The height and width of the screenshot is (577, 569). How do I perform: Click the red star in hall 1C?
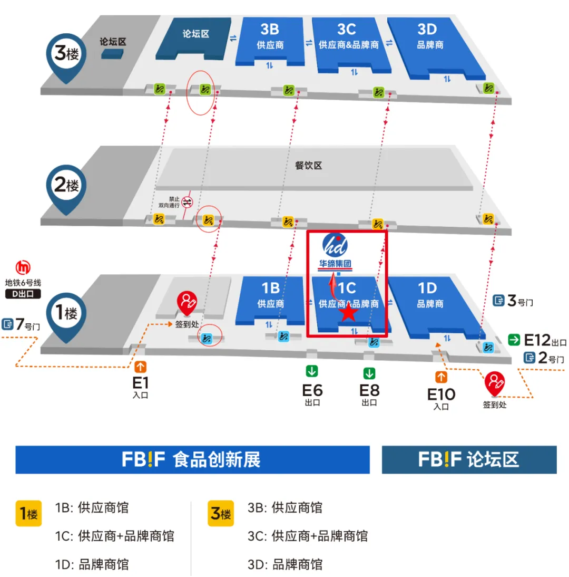click(x=348, y=312)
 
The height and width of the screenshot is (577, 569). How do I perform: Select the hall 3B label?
click(x=271, y=35)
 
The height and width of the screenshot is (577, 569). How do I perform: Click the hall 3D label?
click(x=430, y=35)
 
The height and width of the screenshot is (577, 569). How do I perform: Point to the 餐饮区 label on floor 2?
click(x=308, y=166)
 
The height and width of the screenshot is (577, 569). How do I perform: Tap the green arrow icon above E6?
click(x=312, y=371)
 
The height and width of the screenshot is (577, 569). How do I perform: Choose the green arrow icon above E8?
click(x=369, y=374)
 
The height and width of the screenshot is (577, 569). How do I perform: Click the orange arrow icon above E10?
click(x=441, y=377)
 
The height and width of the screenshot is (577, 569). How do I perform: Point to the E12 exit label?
click(x=537, y=340)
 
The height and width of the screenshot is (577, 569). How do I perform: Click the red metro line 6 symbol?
click(x=23, y=267)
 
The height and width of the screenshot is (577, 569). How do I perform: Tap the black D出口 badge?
click(x=23, y=294)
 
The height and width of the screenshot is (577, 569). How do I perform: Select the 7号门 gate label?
click(x=21, y=324)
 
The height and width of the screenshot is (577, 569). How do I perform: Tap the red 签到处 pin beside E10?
click(x=495, y=382)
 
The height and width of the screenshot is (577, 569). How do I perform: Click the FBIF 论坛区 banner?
click(x=469, y=459)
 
